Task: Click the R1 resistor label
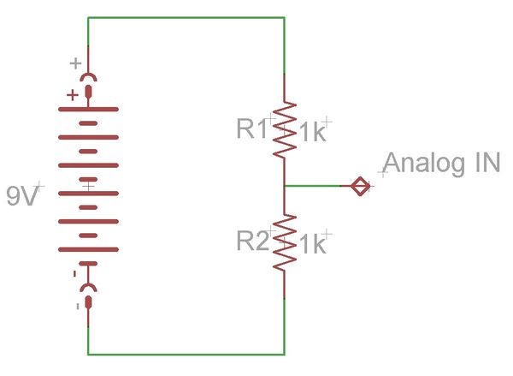pos(252,128)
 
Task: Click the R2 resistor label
pos(253,241)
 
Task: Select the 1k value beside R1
pos(313,132)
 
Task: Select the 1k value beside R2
pos(313,244)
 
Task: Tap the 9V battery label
pos(22,196)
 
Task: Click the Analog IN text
pos(442,163)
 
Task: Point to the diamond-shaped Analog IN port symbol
pos(360,186)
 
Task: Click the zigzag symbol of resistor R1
pos(285,130)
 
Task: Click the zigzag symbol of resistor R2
pos(285,242)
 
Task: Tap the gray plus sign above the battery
pos(75,63)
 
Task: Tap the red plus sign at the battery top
pos(73,95)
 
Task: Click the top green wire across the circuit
pos(186,17)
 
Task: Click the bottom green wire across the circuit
pos(186,355)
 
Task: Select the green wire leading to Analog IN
pos(313,186)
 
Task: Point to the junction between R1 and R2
pos(285,186)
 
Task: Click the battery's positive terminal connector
pos(88,86)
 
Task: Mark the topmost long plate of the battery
pos(88,109)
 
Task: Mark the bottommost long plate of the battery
pos(88,249)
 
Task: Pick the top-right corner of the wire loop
pos(285,17)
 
